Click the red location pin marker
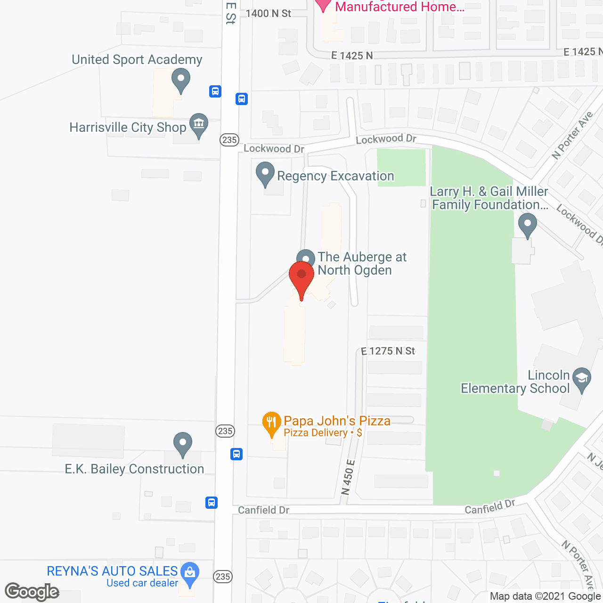(301, 278)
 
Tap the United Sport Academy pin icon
(180, 80)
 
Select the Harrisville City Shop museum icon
(198, 125)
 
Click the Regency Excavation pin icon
(265, 174)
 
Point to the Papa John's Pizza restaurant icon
(271, 424)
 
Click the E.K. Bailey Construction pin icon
(183, 444)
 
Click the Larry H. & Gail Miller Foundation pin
(528, 225)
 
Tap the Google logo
(32, 592)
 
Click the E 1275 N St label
(388, 351)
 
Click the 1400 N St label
(269, 13)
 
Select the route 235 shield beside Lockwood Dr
(229, 140)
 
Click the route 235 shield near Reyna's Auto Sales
(223, 576)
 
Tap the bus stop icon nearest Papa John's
(236, 454)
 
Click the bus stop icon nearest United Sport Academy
(215, 91)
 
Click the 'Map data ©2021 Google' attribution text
(545, 596)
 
